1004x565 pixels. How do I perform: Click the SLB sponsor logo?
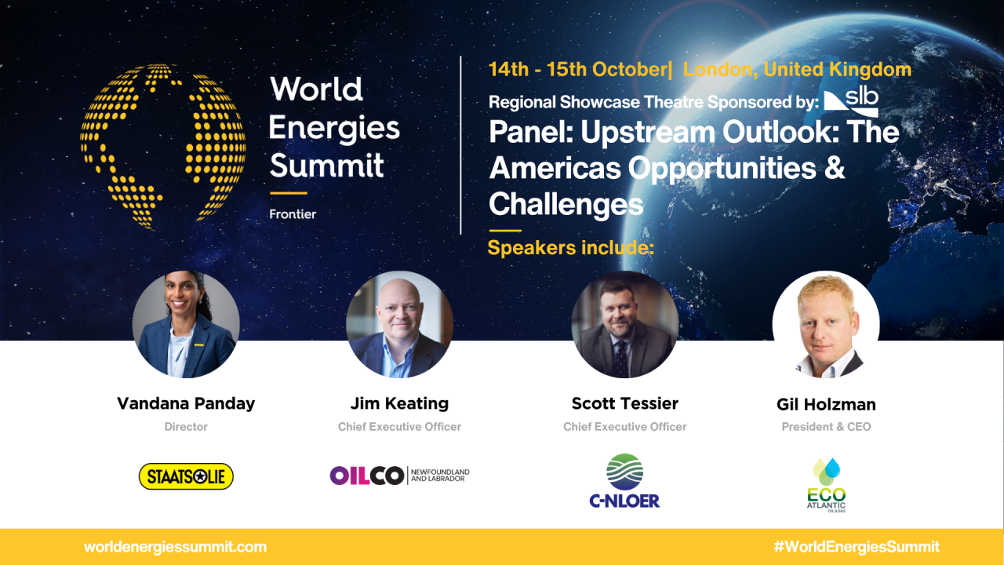851,102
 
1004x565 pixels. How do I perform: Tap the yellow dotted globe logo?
162,147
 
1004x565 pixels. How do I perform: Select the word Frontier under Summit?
293,214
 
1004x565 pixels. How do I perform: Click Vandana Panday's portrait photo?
186,325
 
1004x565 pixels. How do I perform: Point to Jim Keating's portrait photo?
399,325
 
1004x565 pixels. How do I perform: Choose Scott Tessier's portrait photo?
624,325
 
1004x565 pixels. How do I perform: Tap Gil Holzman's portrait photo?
826,325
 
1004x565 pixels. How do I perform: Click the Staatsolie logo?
186,476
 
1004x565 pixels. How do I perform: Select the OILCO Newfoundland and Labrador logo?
399,476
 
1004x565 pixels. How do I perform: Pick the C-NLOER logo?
624,481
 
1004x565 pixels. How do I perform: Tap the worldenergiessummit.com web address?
175,547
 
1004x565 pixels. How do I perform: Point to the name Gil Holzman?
826,405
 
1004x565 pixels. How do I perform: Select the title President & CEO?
826,427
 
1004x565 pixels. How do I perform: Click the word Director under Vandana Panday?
186,427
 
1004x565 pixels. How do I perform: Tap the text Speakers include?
570,249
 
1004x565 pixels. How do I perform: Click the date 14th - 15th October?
577,69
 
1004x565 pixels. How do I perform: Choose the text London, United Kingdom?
797,69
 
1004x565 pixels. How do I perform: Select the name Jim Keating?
399,403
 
